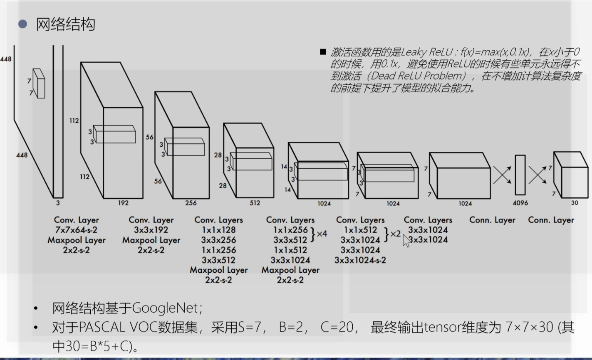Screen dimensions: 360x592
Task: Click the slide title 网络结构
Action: (x=65, y=24)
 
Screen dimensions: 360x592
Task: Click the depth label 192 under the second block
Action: (x=123, y=203)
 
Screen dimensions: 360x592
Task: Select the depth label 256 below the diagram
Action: (x=191, y=203)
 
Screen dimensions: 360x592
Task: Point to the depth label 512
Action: (x=255, y=203)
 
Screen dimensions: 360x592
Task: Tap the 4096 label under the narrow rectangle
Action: (x=520, y=203)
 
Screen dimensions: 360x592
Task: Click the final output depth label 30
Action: (x=575, y=203)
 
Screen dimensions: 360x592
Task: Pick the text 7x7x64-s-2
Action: (x=77, y=230)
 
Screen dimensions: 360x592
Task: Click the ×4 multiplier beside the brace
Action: (x=322, y=234)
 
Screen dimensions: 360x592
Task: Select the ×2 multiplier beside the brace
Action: (x=395, y=234)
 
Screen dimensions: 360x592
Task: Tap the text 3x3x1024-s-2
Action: (x=360, y=260)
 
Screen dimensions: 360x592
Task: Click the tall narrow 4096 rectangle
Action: (x=520, y=175)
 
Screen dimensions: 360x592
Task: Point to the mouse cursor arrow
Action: (x=406, y=240)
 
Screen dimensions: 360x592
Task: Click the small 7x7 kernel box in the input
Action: (x=39, y=83)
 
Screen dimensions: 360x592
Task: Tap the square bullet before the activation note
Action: (x=323, y=52)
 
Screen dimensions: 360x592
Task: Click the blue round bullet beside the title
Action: (x=22, y=24)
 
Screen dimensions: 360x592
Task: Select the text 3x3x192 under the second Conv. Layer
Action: (x=151, y=230)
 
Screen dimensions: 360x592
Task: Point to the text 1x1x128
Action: (x=218, y=230)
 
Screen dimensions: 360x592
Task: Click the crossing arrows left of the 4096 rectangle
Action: (x=502, y=175)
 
